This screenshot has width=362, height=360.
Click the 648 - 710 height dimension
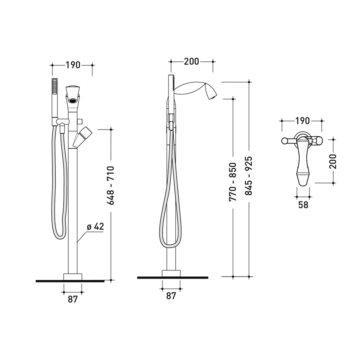(111, 185)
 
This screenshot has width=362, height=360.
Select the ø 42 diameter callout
(95, 227)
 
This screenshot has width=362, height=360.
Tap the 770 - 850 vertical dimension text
(233, 182)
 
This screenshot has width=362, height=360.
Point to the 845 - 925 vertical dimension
(249, 176)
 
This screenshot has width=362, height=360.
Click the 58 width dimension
(303, 204)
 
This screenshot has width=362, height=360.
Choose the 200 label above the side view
(191, 61)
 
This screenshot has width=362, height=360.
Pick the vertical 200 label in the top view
(333, 162)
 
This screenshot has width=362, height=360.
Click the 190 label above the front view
(73, 65)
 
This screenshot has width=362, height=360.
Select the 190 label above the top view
(302, 120)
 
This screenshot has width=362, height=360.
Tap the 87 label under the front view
(73, 299)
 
